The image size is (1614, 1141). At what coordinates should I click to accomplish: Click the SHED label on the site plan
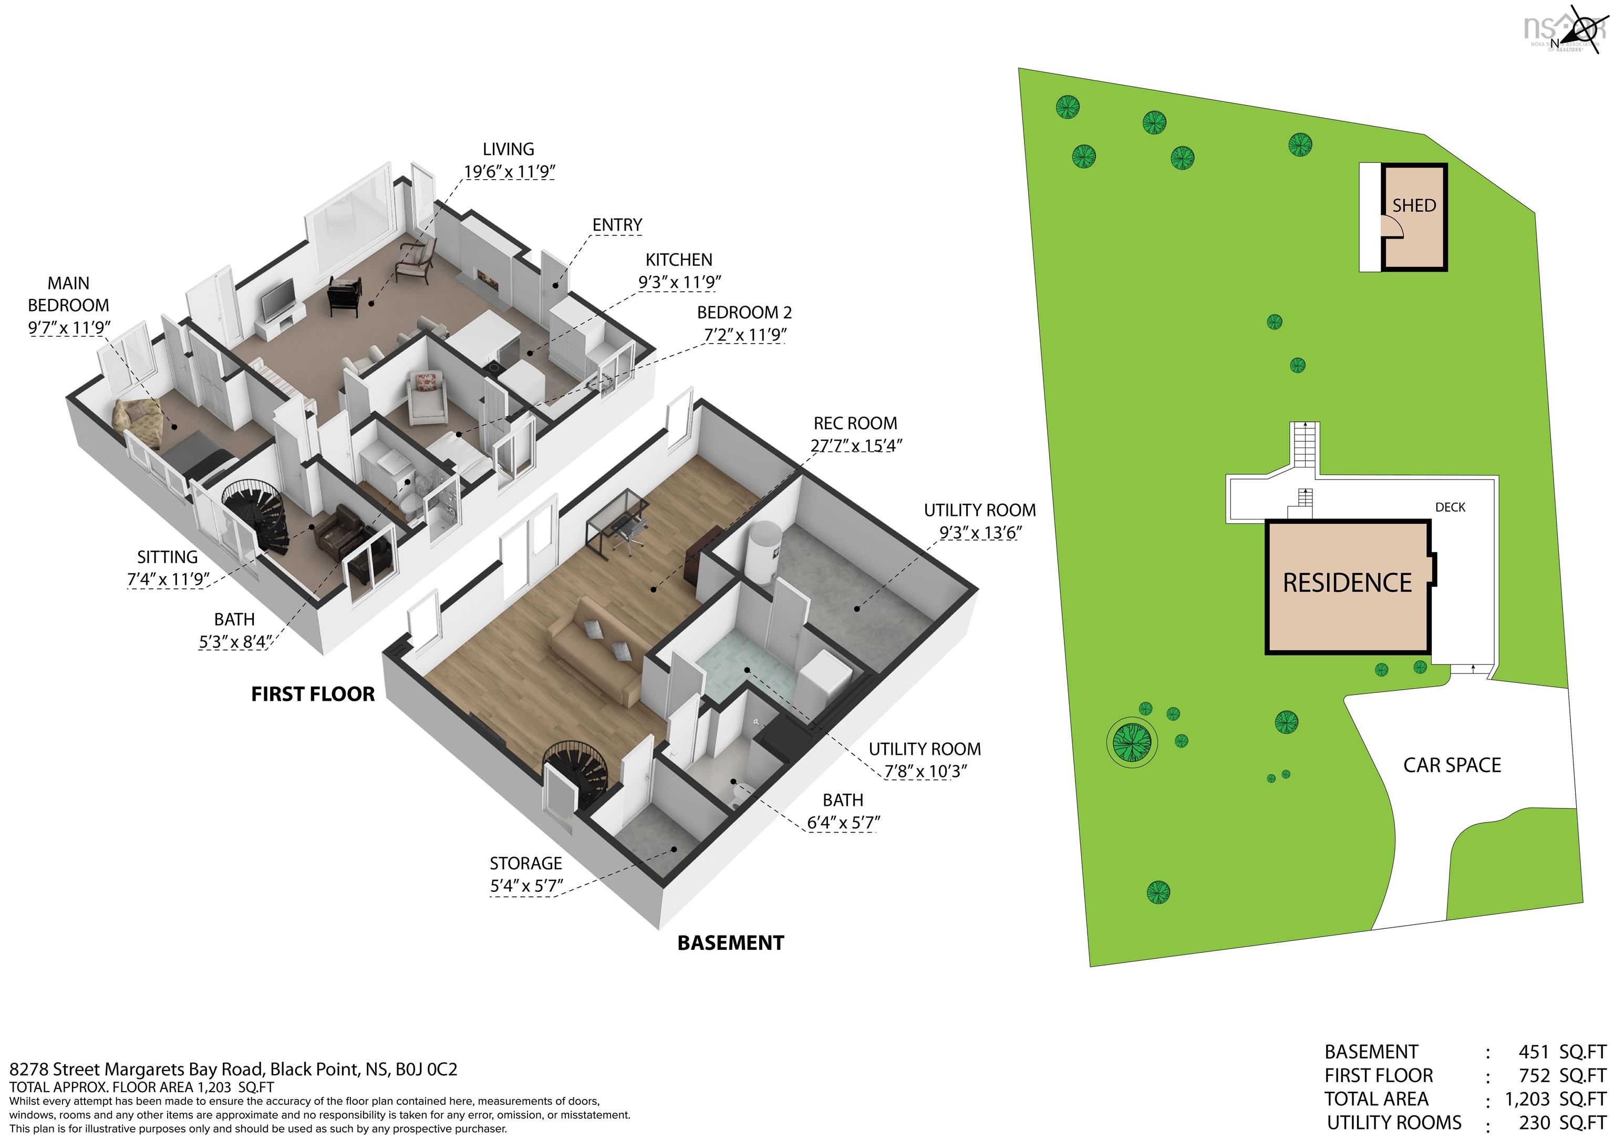pyautogui.click(x=1414, y=205)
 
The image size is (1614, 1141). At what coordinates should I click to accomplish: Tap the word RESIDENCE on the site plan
pyautogui.click(x=1347, y=583)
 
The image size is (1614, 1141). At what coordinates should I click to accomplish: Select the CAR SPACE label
pyautogui.click(x=1452, y=765)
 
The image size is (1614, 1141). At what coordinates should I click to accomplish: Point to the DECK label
pyautogui.click(x=1450, y=507)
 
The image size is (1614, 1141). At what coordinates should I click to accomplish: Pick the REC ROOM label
pyautogui.click(x=855, y=423)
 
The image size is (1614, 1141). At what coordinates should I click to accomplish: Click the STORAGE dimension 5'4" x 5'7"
pyautogui.click(x=526, y=886)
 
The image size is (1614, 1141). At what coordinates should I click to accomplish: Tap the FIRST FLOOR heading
pyautogui.click(x=313, y=694)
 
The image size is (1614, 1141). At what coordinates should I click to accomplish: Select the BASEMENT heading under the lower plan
pyautogui.click(x=730, y=943)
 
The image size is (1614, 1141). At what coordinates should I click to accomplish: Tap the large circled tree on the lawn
pyautogui.click(x=1131, y=742)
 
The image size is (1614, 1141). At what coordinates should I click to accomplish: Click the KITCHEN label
pyautogui.click(x=679, y=260)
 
